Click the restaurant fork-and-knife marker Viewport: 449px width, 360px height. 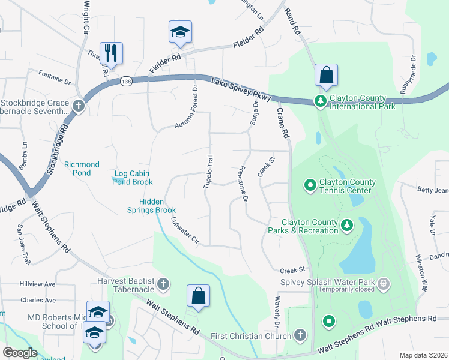pyautogui.click(x=111, y=52)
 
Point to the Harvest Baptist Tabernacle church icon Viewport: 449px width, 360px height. pyautogui.click(x=164, y=283)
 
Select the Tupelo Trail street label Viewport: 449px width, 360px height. pyautogui.click(x=208, y=171)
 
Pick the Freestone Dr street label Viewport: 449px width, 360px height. pyautogui.click(x=243, y=184)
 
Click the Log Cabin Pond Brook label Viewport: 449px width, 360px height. pyautogui.click(x=134, y=178)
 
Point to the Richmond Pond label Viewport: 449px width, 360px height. pyautogui.click(x=82, y=169)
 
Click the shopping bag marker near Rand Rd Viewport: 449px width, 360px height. pyautogui.click(x=326, y=75)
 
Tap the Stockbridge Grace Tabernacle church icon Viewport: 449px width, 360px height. pyautogui.click(x=77, y=106)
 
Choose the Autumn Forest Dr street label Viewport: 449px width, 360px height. pyautogui.click(x=187, y=108)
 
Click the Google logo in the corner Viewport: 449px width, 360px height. pyautogui.click(x=20, y=353)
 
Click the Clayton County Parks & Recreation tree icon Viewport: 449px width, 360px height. pyautogui.click(x=346, y=225)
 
